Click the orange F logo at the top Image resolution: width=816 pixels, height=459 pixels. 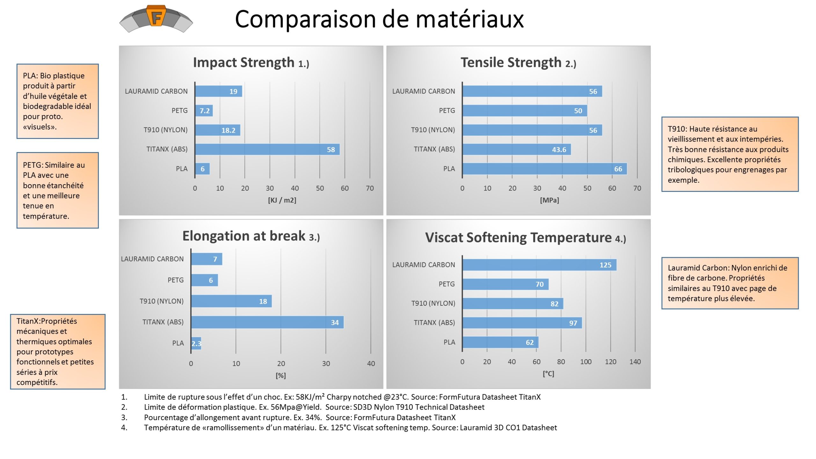coord(156,16)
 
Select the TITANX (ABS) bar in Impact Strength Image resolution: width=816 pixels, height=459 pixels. coord(267,149)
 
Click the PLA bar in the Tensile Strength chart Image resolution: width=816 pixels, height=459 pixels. coord(544,169)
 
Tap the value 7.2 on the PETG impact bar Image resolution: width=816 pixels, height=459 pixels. coord(205,111)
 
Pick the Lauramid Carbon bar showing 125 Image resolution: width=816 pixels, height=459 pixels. coord(539,265)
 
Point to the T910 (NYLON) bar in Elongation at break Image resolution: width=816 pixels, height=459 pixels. coord(231,301)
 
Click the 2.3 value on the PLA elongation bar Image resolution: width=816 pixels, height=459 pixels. coord(196,344)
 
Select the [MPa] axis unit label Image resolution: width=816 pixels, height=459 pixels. coord(549,200)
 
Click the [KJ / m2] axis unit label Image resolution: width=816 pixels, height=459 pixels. coord(282,200)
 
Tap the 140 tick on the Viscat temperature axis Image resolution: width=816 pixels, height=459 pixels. coord(635,362)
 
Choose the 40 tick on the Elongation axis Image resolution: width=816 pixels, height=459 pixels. coord(371,363)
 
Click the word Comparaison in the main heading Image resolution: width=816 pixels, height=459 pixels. coord(305,19)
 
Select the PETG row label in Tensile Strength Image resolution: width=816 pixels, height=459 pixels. coord(447,111)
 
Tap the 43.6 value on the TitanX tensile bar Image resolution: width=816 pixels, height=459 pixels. coord(559,150)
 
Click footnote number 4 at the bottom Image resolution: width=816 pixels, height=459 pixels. coord(124,427)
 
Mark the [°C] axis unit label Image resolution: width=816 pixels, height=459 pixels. coord(548,374)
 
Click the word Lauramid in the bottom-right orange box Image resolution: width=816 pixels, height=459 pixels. coord(682,268)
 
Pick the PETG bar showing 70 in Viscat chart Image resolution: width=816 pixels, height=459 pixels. coord(505,284)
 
